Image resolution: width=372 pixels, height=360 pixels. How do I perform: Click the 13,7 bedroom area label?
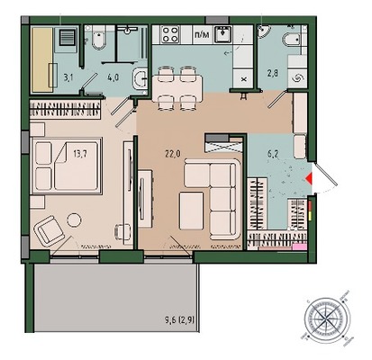(x=80, y=154)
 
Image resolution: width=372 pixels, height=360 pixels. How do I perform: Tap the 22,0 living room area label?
(x=172, y=154)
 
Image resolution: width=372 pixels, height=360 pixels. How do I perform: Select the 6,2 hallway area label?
(x=273, y=154)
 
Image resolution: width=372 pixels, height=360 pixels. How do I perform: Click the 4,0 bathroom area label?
(x=113, y=77)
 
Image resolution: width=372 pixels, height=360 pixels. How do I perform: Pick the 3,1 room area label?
(x=68, y=77)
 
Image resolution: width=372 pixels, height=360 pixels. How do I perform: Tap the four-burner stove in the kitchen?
(x=170, y=34)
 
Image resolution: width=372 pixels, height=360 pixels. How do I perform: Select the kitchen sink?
(x=222, y=34)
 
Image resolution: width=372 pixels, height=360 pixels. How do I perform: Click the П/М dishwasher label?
(x=202, y=34)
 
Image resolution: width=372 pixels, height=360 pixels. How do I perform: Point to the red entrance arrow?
(x=309, y=178)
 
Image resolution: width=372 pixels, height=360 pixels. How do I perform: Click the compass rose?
(x=327, y=318)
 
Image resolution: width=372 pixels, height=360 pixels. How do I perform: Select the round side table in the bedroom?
(x=74, y=220)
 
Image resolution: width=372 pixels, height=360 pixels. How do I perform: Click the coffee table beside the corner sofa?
(x=191, y=211)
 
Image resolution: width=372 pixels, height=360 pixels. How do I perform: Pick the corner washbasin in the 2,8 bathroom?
(x=264, y=31)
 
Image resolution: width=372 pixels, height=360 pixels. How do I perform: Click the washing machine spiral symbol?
(x=297, y=79)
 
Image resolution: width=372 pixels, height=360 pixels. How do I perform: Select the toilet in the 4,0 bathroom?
(x=99, y=39)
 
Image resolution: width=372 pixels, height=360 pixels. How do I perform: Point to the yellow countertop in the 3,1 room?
(x=42, y=59)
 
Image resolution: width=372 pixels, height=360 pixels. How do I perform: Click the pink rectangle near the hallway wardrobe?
(x=300, y=247)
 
